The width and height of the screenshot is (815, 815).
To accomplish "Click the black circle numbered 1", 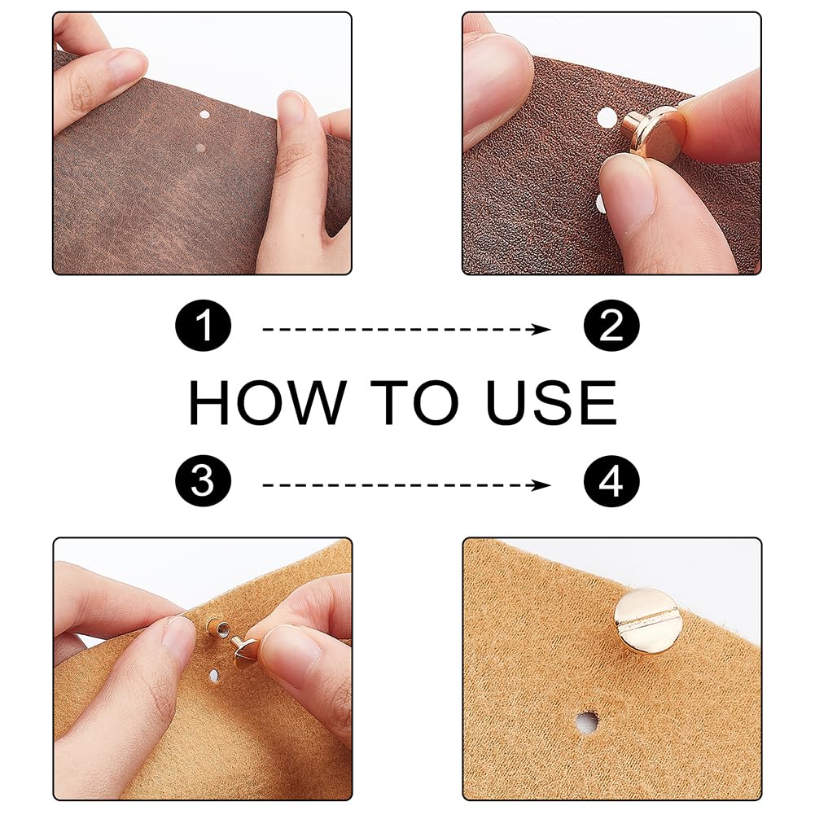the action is tap(204, 326).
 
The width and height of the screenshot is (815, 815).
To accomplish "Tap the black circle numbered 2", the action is tap(611, 326).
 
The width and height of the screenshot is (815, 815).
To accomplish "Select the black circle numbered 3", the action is tap(204, 481).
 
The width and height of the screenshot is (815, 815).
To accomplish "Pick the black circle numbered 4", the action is tap(611, 481).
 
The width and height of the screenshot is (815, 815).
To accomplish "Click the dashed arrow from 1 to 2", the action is tap(406, 329).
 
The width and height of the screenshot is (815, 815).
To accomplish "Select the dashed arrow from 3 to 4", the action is tap(406, 485).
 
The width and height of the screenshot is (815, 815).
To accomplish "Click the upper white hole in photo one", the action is tap(204, 114).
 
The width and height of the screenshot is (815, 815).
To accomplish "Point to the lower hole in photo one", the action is tap(199, 148).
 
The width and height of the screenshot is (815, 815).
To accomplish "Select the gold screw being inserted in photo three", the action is tap(243, 652).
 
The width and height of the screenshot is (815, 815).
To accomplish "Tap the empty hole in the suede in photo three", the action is tap(213, 676).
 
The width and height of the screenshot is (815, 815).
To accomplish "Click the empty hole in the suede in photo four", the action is tap(587, 721).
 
